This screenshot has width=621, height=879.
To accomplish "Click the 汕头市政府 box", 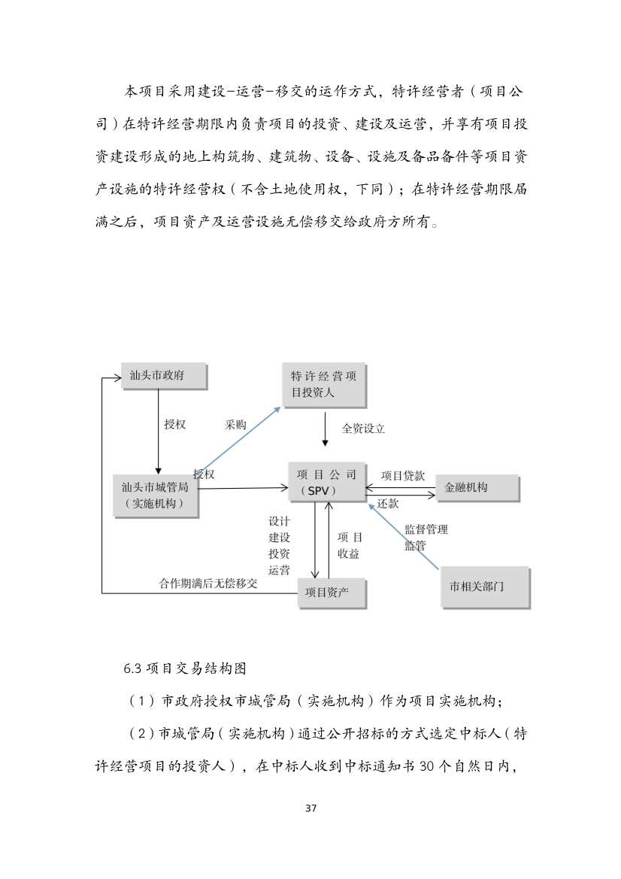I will (163, 376).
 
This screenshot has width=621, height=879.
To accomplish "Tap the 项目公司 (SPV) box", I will (326, 483).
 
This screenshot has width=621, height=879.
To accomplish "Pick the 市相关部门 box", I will (484, 587).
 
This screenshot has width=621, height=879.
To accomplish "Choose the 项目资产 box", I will (332, 593).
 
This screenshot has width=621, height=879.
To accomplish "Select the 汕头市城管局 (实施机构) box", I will (156, 496).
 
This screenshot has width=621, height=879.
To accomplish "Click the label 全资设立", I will (363, 429).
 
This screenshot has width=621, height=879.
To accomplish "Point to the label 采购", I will (235, 425).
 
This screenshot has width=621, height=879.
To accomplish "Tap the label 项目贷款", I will (403, 475).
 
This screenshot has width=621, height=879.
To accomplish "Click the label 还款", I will (388, 504).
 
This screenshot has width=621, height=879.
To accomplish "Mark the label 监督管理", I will (426, 529).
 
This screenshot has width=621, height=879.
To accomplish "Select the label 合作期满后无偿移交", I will (208, 583).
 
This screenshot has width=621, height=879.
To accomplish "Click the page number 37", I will (310, 808).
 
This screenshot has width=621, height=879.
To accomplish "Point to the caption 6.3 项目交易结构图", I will (185, 668).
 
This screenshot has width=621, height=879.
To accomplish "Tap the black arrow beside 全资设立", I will (325, 431).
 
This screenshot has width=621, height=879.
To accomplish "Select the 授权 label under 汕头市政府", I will (175, 424).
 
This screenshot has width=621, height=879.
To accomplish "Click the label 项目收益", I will (350, 545).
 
